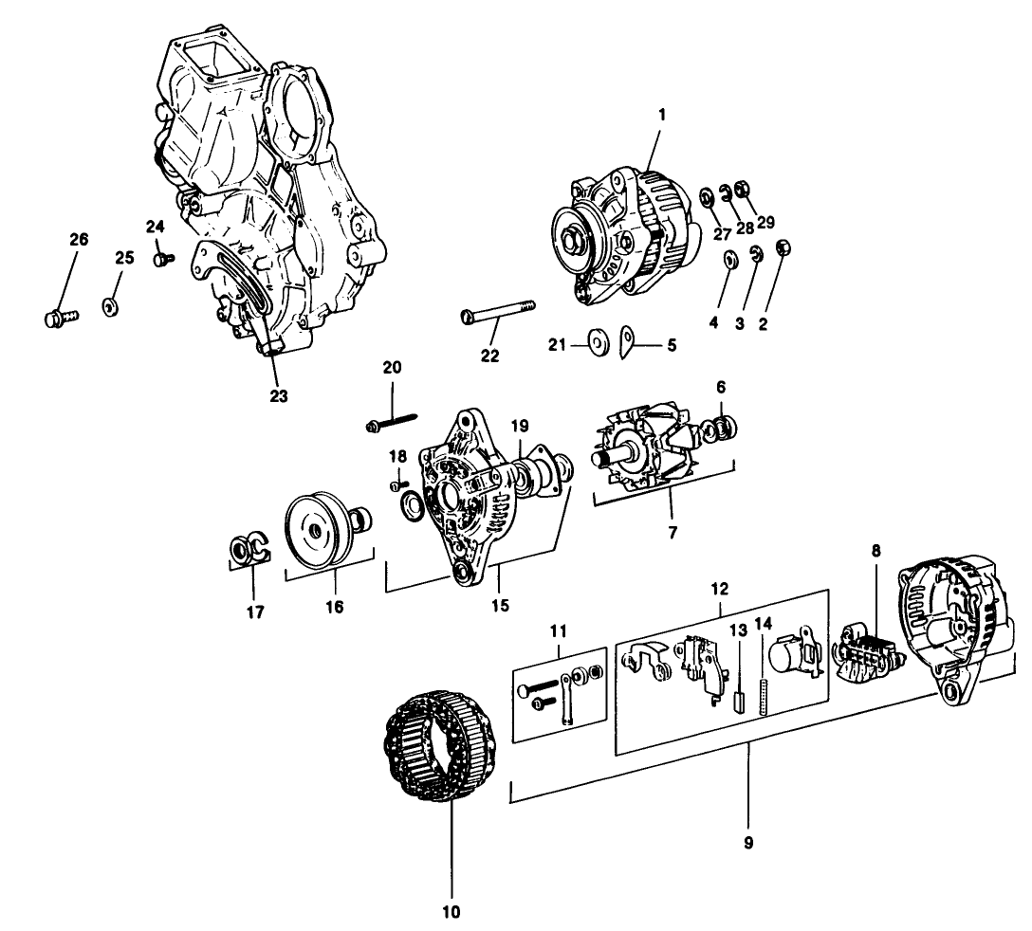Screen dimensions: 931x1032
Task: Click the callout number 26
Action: point(79,239)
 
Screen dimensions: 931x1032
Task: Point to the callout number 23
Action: point(278,395)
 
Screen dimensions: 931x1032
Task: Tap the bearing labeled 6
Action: point(725,428)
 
